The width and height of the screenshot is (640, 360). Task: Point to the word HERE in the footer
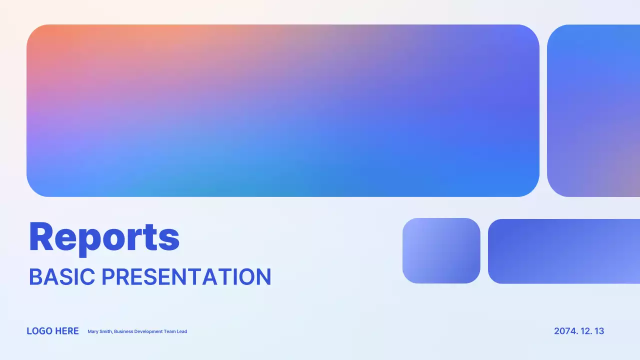(67, 331)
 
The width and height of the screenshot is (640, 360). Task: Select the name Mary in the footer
(92, 331)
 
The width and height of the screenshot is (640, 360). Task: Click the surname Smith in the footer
(105, 331)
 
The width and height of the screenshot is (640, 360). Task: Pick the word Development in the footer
(148, 331)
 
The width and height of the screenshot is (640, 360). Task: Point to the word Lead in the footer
(182, 331)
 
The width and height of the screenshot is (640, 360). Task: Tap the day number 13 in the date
(599, 331)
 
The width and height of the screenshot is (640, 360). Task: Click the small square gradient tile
(441, 250)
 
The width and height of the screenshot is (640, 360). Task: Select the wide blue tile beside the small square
(564, 251)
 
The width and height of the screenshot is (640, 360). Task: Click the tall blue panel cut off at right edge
(593, 110)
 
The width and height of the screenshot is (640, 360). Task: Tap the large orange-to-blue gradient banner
(283, 110)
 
